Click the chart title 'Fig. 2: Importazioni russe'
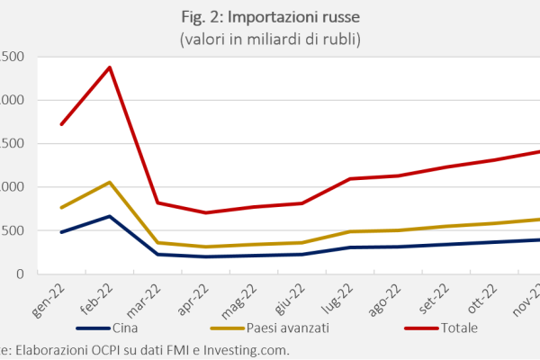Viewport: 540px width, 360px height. (269, 17)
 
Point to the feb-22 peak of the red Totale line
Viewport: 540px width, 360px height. (110, 67)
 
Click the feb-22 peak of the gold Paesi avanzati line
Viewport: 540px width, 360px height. (110, 183)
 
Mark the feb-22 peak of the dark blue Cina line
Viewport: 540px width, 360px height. (110, 216)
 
